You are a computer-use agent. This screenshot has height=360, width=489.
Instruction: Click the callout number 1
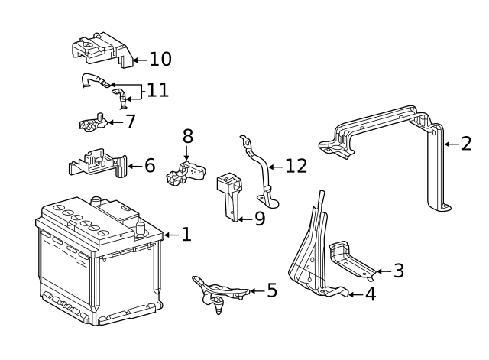186,234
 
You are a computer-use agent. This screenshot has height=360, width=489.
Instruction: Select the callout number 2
466,143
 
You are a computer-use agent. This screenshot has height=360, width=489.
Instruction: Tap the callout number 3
398,271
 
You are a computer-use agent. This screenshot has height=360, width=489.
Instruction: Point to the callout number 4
370,294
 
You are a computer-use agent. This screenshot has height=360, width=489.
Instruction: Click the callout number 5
271,290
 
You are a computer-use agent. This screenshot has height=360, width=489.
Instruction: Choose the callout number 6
149,164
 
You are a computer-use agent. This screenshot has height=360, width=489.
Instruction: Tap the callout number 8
187,137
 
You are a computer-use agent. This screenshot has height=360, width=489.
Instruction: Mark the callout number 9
259,219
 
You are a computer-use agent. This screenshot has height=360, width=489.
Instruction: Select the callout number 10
160,59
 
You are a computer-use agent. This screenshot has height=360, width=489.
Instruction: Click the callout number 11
157,90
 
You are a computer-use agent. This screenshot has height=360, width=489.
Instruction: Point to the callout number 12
295,166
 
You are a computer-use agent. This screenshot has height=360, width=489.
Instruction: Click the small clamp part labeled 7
92,122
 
